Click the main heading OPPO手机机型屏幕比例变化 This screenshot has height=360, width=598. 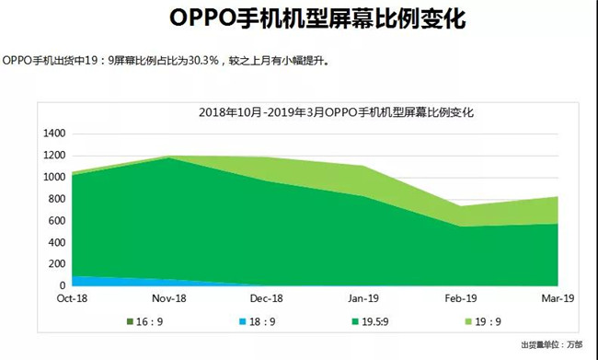coord(300,19)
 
